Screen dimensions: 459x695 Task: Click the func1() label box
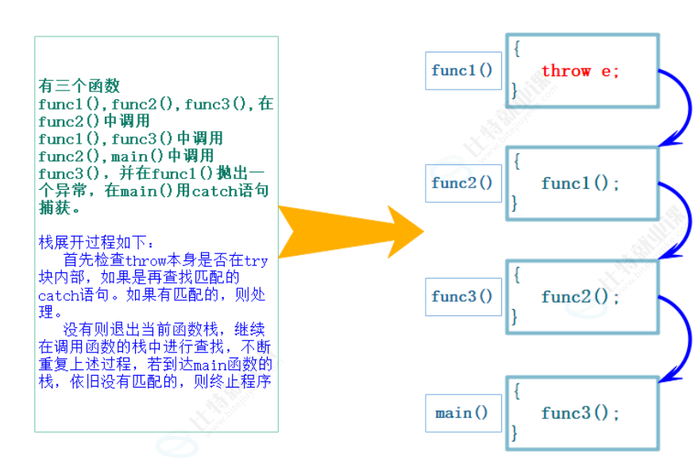pos(462,71)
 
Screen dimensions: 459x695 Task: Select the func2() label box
pos(462,183)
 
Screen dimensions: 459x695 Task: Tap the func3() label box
pos(462,297)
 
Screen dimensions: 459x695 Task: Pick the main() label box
pos(462,413)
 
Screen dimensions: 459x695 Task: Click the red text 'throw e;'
pos(580,71)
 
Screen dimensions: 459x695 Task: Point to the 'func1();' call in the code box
pos(580,183)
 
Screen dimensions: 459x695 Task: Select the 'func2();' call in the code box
pos(580,297)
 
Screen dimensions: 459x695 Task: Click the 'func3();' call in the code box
pos(580,413)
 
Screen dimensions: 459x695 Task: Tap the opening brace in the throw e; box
pos(517,48)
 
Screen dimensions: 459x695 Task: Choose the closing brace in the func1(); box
pos(515,203)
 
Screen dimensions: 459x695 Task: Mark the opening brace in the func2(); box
pos(517,275)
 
